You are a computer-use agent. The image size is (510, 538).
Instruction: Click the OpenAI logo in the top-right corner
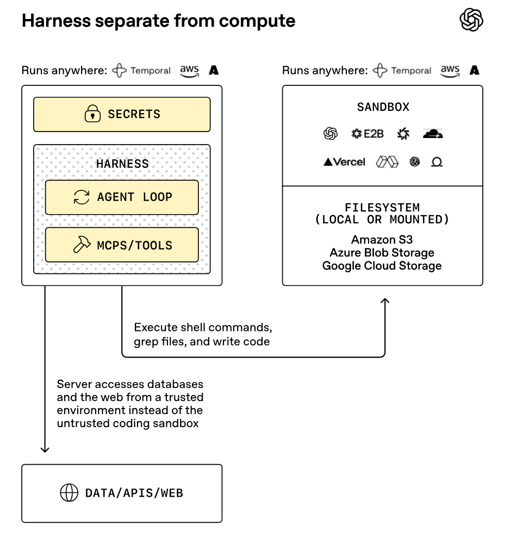(x=471, y=21)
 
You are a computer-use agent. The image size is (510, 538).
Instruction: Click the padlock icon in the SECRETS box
(x=93, y=114)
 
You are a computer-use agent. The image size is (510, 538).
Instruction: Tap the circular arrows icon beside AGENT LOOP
(x=82, y=197)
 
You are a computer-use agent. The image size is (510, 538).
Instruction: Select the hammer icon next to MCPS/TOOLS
(x=82, y=245)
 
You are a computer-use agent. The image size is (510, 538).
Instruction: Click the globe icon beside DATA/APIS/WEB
(x=69, y=493)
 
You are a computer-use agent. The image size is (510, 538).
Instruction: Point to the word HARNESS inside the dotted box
(x=122, y=163)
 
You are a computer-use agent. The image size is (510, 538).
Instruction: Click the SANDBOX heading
(x=383, y=107)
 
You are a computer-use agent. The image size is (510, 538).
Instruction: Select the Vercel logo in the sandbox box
(x=344, y=162)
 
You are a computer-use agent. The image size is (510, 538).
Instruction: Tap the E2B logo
(x=368, y=134)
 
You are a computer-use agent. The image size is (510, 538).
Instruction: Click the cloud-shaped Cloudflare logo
(x=433, y=134)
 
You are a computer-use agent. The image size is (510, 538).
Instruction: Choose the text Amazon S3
(x=382, y=240)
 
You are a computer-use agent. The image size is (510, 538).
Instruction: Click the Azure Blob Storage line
(x=382, y=253)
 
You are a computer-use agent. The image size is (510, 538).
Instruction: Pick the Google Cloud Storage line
(x=382, y=266)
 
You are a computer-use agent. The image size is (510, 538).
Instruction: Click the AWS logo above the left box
(x=189, y=71)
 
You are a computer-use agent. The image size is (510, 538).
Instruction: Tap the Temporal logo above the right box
(x=402, y=71)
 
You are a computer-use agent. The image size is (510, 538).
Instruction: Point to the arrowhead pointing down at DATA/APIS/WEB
(x=45, y=449)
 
